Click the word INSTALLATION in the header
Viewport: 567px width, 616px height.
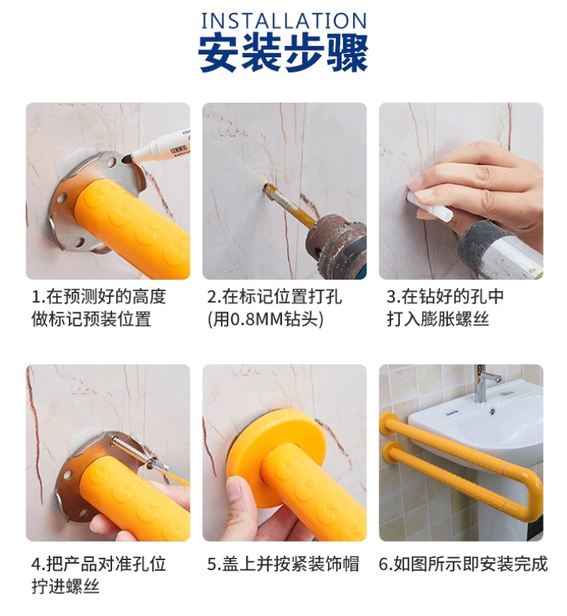coord(284,21)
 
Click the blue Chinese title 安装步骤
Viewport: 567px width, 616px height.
coord(283,53)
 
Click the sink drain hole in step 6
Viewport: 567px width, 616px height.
coord(492,411)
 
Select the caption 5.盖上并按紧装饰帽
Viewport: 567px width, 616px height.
coord(283,564)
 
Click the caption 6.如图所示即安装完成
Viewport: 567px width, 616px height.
coord(463,564)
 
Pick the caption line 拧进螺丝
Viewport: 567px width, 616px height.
coord(65,587)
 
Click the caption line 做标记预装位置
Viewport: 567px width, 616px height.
coord(91,319)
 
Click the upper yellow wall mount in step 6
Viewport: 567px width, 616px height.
coord(386,423)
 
